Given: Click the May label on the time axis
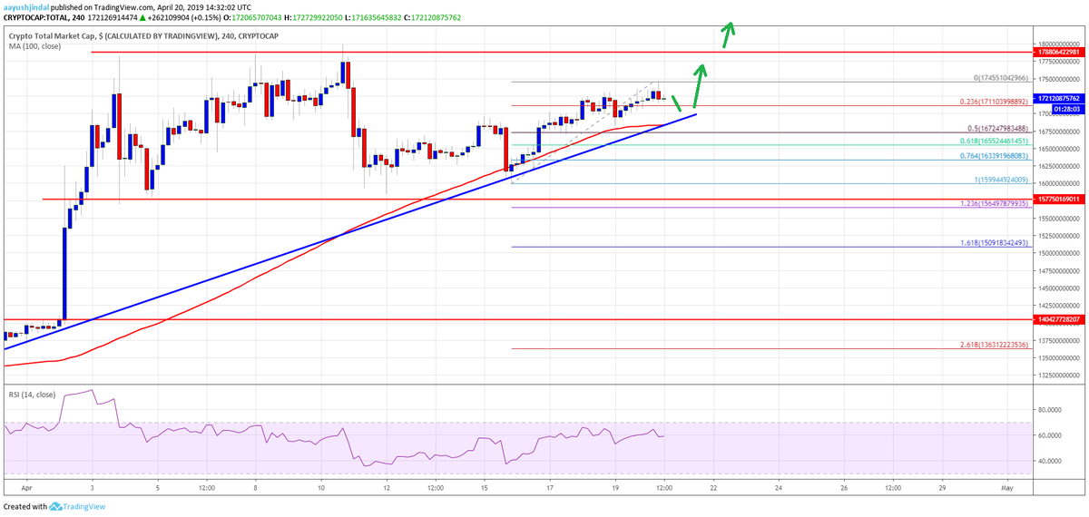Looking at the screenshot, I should [1007, 490].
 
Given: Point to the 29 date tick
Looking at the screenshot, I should [942, 490].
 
